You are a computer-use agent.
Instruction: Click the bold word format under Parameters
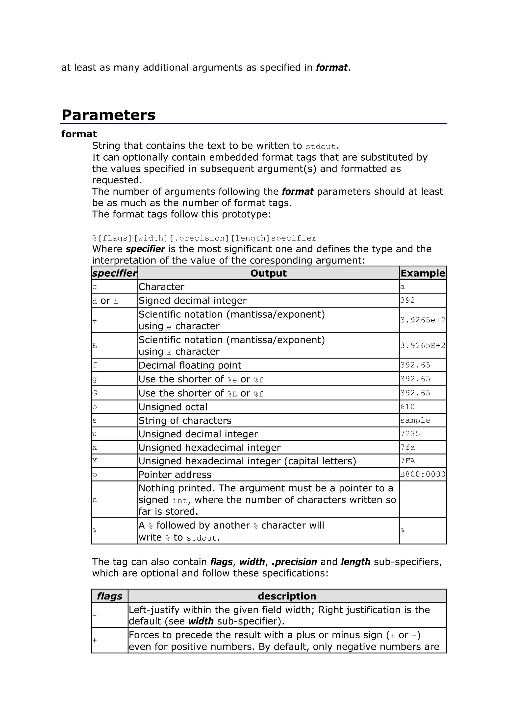79,134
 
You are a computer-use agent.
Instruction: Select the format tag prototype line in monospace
204,238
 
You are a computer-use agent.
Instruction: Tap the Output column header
268,273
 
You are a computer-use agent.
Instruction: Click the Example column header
422,273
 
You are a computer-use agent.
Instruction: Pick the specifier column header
114,273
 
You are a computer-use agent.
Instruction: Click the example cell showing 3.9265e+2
422,320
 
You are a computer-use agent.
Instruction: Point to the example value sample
415,420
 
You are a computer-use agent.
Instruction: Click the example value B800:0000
422,474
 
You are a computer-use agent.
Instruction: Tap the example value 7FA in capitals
408,461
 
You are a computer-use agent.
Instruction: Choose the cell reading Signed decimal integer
192,300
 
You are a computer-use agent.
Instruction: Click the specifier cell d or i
105,301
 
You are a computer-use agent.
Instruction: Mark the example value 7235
410,434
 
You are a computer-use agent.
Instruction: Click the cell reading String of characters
185,421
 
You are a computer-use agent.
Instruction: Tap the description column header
287,596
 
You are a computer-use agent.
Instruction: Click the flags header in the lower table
109,596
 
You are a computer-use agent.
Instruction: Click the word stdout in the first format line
321,146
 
